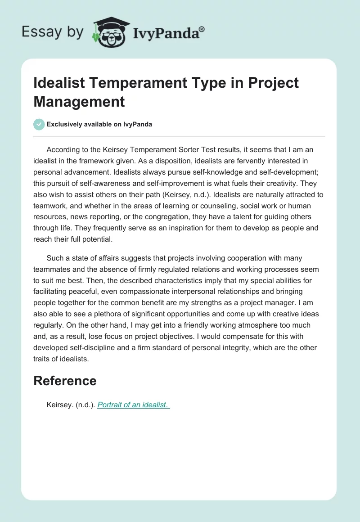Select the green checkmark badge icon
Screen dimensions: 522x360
pyautogui.click(x=39, y=124)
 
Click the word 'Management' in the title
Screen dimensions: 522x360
pyautogui.click(x=79, y=101)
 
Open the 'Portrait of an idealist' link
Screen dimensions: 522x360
pyautogui.click(x=133, y=405)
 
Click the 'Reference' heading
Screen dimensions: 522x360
pyautogui.click(x=65, y=381)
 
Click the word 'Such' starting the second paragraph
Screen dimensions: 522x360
pyautogui.click(x=55, y=258)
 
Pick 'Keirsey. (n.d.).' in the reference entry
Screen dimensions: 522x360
pyautogui.click(x=71, y=405)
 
